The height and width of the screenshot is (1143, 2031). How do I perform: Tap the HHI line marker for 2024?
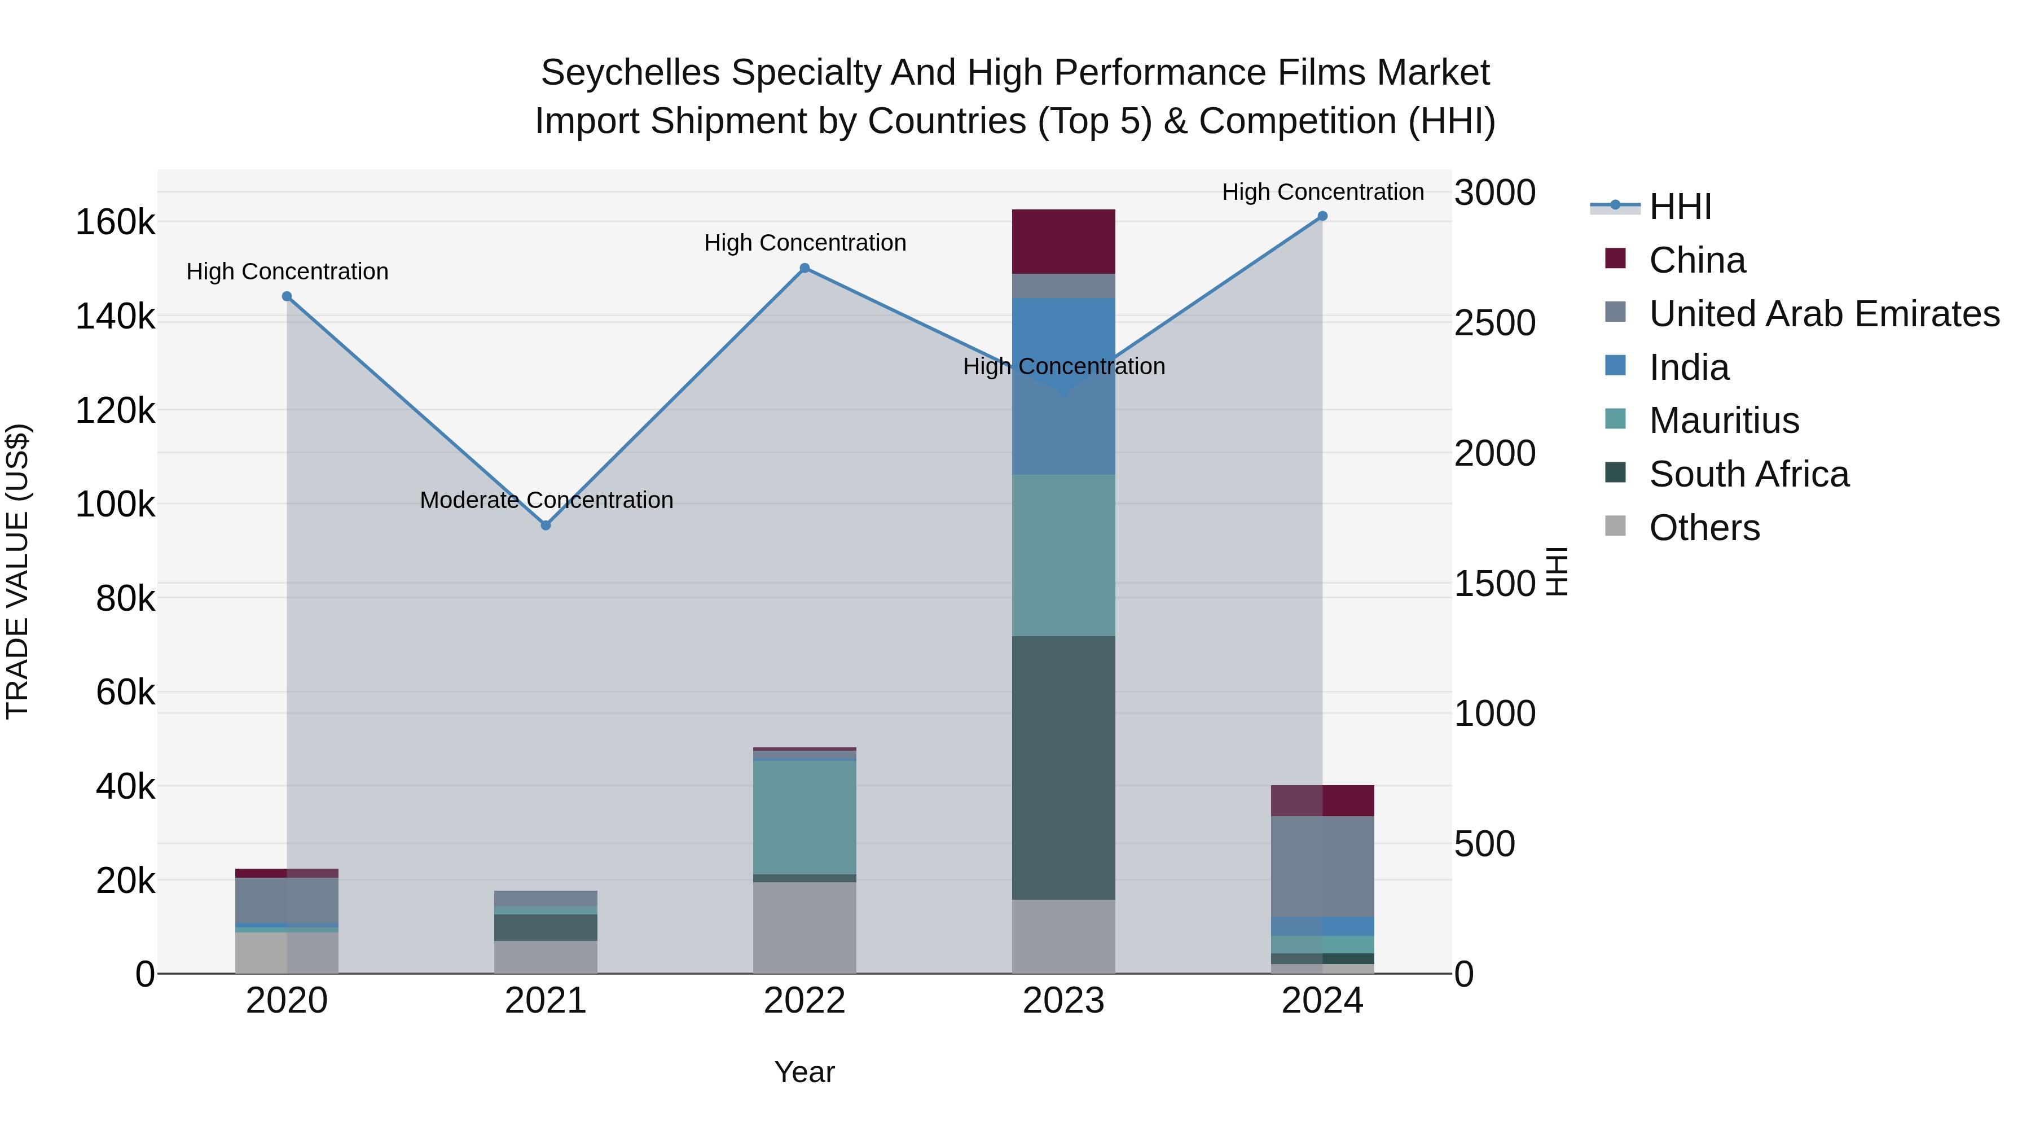pyautogui.click(x=1322, y=216)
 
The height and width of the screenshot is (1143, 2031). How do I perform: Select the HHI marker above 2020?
pyautogui.click(x=287, y=296)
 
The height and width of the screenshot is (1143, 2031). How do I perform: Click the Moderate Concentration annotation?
pyautogui.click(x=546, y=500)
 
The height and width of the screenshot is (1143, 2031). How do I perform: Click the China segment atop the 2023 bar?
pyautogui.click(x=1063, y=242)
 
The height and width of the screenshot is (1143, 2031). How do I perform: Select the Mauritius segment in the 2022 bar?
pyautogui.click(x=804, y=817)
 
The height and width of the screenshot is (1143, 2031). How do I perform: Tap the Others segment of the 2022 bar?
pyautogui.click(x=804, y=927)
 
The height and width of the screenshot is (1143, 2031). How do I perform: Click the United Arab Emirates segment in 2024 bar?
pyautogui.click(x=1322, y=866)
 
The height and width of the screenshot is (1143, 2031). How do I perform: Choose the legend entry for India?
pyautogui.click(x=1688, y=367)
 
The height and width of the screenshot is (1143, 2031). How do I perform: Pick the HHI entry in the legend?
pyautogui.click(x=1680, y=207)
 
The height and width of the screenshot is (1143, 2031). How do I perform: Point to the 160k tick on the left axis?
pyautogui.click(x=115, y=222)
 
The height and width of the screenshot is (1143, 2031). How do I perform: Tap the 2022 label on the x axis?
pyautogui.click(x=804, y=1001)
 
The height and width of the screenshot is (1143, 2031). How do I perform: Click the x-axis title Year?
pyautogui.click(x=804, y=1072)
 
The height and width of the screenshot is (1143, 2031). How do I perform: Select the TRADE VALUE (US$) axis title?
pyautogui.click(x=17, y=571)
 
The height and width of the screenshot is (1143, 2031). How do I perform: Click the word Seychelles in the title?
pyautogui.click(x=630, y=73)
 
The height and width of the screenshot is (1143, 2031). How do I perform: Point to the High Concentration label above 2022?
pyautogui.click(x=804, y=243)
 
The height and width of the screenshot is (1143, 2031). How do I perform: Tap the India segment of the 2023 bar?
pyautogui.click(x=1063, y=387)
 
